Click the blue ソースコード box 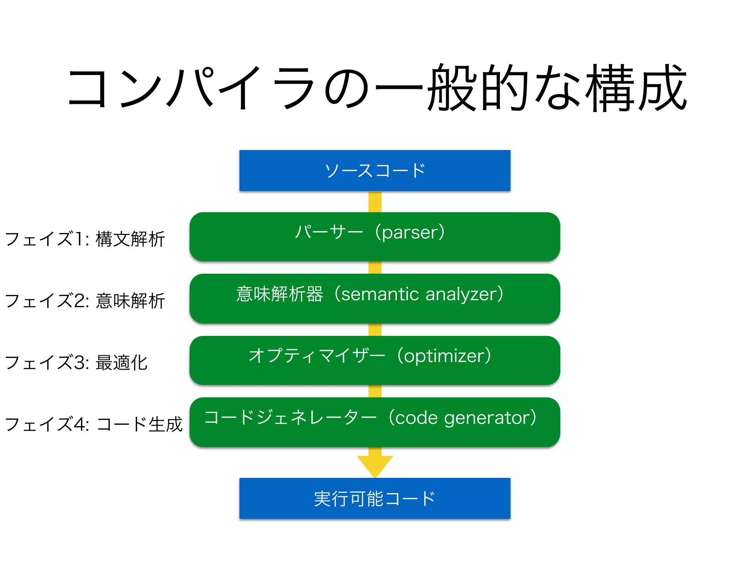pyautogui.click(x=375, y=171)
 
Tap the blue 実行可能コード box pyautogui.click(x=375, y=498)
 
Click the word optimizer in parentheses pyautogui.click(x=444, y=356)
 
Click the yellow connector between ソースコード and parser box pyautogui.click(x=375, y=202)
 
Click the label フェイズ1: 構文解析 pyautogui.click(x=85, y=239)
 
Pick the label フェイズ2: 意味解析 pyautogui.click(x=85, y=301)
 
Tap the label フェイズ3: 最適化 pyautogui.click(x=76, y=363)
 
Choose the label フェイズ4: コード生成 pyautogui.click(x=94, y=424)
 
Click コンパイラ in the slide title pyautogui.click(x=190, y=88)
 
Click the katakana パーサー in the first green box pyautogui.click(x=329, y=232)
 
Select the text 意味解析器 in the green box pyautogui.click(x=279, y=294)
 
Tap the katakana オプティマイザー pyautogui.click(x=317, y=356)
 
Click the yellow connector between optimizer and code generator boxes pyautogui.click(x=375, y=391)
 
